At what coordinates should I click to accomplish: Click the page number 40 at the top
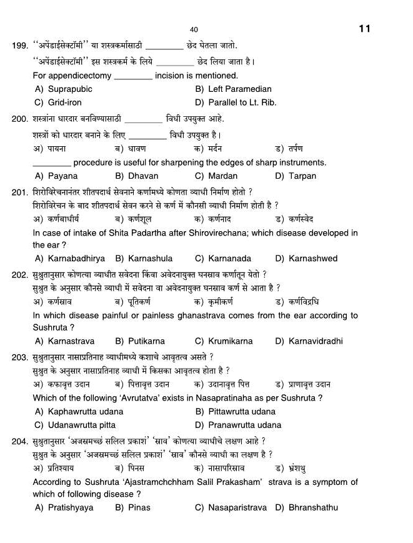point(194,30)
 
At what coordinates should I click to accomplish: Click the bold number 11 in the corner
point(365,29)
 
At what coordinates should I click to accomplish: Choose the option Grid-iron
point(64,102)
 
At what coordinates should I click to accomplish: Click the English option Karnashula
point(150,258)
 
